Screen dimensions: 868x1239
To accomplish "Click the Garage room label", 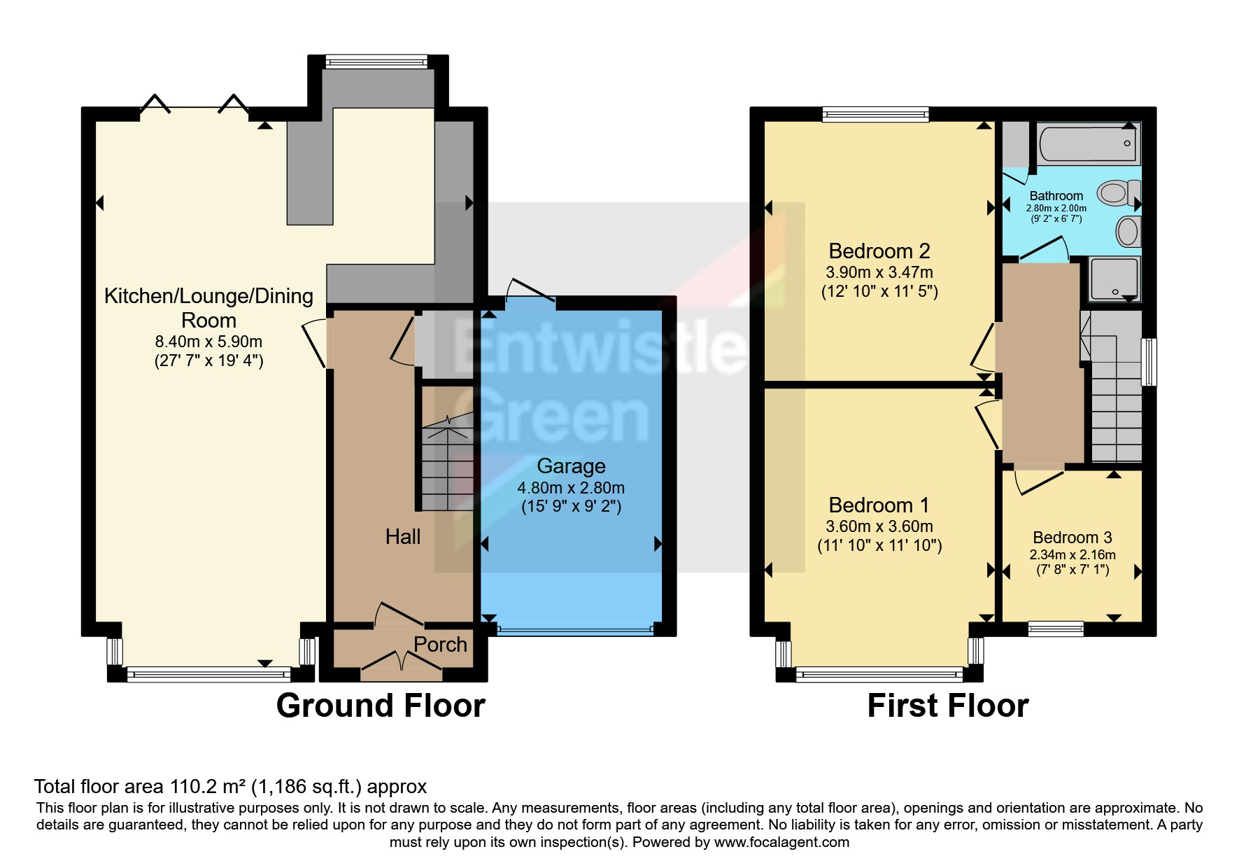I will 571,466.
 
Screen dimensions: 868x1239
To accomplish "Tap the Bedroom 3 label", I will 1072,538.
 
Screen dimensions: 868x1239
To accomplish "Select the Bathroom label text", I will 1056,196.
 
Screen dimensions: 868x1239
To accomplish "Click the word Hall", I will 403,537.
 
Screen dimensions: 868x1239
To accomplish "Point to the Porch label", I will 440,645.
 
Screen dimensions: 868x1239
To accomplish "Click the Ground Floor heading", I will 381,706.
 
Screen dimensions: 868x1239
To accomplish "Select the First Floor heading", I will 947,706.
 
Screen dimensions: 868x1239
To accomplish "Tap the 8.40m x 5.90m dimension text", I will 208,342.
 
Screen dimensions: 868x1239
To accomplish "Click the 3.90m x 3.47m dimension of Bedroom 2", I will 879,272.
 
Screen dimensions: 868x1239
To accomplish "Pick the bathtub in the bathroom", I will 1088,143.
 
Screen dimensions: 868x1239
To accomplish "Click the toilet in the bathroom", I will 1118,192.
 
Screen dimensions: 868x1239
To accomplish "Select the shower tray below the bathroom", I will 1114,279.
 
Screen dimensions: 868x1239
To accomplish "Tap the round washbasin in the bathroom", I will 1127,231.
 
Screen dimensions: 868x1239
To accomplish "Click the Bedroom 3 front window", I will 1056,629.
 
